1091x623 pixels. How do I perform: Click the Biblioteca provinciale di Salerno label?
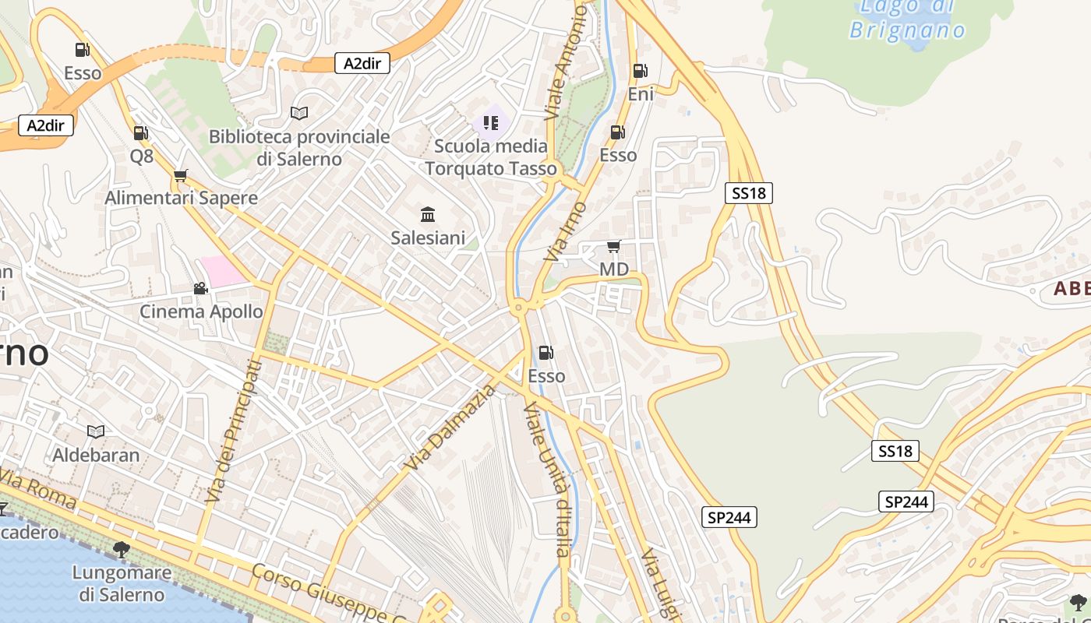(x=299, y=148)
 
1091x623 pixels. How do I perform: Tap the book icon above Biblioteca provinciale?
(x=299, y=113)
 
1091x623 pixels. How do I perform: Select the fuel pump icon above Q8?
(x=140, y=133)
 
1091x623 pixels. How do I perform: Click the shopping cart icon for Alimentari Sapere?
(x=181, y=175)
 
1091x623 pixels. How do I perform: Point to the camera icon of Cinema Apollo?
(x=200, y=288)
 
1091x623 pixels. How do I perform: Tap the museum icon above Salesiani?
(x=428, y=214)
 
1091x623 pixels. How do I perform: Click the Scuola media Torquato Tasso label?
(x=491, y=157)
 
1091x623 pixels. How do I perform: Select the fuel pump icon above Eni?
(x=640, y=71)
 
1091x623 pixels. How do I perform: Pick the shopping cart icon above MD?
(x=613, y=247)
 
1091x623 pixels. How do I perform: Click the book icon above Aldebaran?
(x=96, y=431)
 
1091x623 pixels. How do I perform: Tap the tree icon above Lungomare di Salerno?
(x=121, y=549)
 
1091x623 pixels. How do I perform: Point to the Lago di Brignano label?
(x=907, y=19)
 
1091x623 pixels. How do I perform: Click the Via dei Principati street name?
(x=232, y=430)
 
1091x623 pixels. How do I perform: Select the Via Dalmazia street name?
(x=450, y=428)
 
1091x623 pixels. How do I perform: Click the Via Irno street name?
(x=566, y=231)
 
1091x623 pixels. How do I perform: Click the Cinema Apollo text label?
(x=201, y=311)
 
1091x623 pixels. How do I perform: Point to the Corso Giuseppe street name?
(x=327, y=593)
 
